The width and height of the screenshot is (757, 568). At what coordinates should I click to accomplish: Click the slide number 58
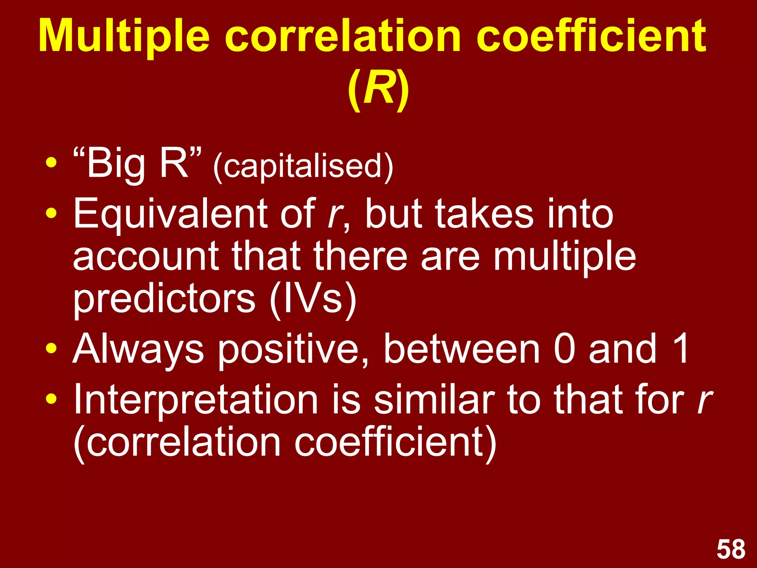point(731,550)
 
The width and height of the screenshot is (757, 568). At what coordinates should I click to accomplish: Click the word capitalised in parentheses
point(303,166)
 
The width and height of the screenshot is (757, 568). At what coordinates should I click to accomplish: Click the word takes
point(484,214)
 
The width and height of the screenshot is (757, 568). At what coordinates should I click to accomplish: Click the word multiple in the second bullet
point(564,257)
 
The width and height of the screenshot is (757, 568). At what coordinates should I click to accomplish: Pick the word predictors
point(164,300)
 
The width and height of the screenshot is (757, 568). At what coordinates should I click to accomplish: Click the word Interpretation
point(196,400)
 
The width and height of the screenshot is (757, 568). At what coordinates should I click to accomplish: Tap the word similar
point(434,400)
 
